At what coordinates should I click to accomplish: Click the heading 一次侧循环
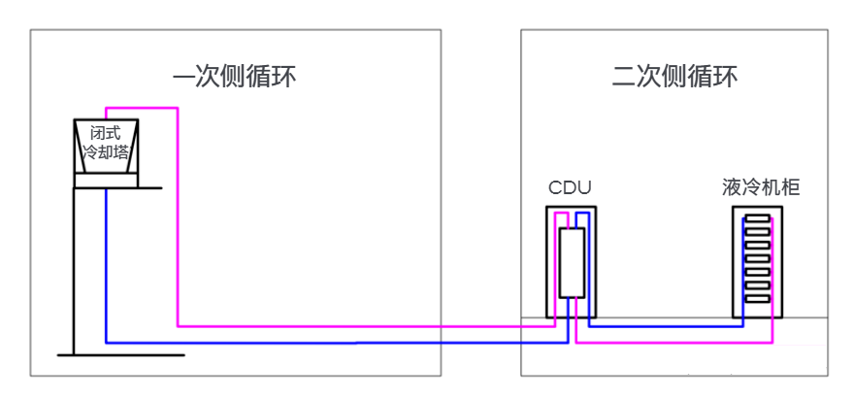click(x=234, y=78)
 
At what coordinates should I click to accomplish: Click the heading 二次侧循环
click(x=675, y=78)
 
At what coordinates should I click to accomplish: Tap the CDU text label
click(x=570, y=187)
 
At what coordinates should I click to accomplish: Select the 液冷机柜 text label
click(x=761, y=187)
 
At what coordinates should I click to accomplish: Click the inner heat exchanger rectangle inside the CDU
click(x=572, y=262)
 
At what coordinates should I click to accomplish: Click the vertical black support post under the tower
click(x=75, y=272)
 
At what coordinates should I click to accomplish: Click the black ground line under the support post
click(x=121, y=355)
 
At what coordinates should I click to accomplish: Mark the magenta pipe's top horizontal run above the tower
click(x=141, y=108)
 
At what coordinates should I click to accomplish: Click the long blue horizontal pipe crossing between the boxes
click(x=330, y=342)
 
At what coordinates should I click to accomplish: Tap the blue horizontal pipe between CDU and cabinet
click(x=670, y=326)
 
